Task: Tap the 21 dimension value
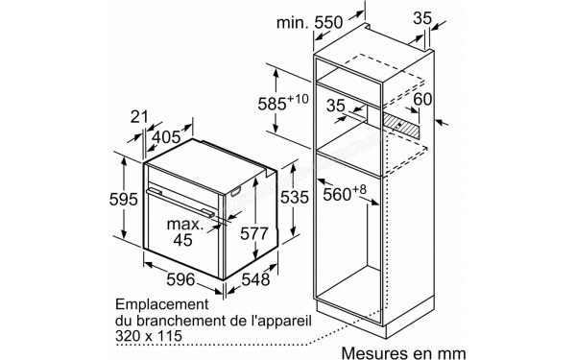(142, 118)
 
